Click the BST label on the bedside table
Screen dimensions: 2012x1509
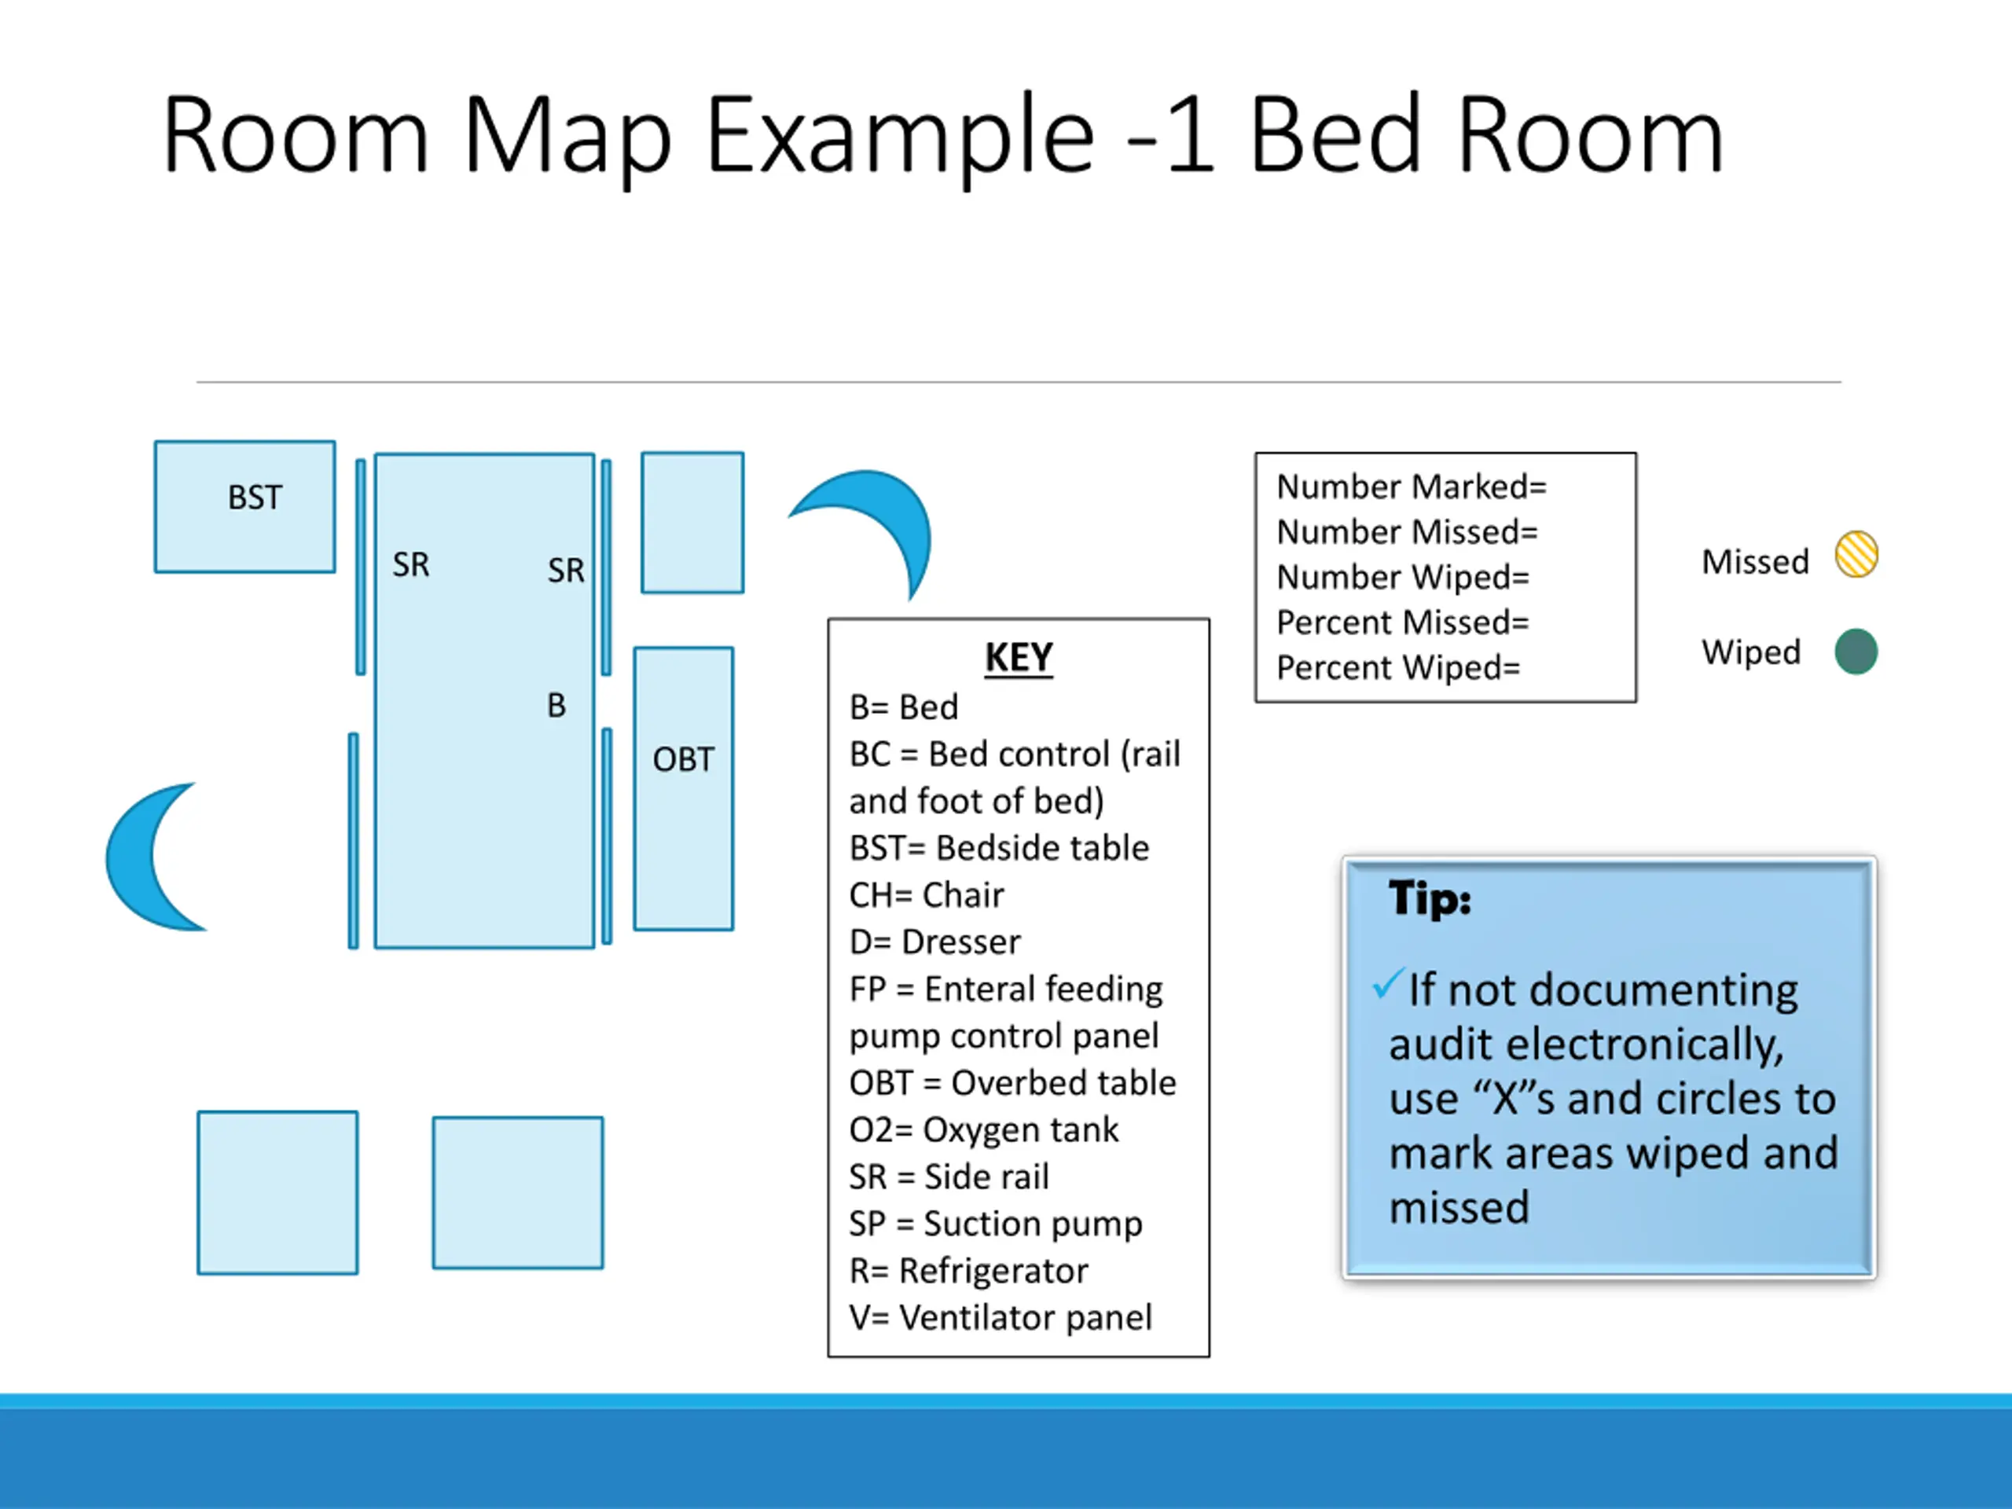pyautogui.click(x=255, y=497)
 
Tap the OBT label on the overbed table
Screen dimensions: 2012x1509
pyautogui.click(x=683, y=759)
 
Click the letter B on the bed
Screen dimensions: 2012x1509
pyautogui.click(x=556, y=705)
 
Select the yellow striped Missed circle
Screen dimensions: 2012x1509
pyautogui.click(x=1856, y=554)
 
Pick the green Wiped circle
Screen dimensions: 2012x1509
pyautogui.click(x=1856, y=652)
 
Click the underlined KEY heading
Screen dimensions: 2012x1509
pyautogui.click(x=1018, y=657)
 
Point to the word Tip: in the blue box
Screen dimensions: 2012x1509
pyautogui.click(x=1429, y=898)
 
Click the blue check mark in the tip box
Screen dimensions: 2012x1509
pyautogui.click(x=1388, y=984)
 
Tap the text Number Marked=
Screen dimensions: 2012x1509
pyautogui.click(x=1411, y=486)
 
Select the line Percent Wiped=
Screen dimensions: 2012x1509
pyautogui.click(x=1398, y=667)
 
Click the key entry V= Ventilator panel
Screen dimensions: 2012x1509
pyautogui.click(x=1000, y=1317)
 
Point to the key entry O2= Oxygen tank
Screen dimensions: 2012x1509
pyautogui.click(x=983, y=1129)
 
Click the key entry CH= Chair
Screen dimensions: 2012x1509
pyautogui.click(x=926, y=895)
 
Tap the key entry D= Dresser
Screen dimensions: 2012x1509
pyautogui.click(x=934, y=942)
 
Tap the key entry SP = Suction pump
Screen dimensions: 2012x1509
pyautogui.click(x=995, y=1224)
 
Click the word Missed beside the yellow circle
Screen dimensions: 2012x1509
pyautogui.click(x=1754, y=561)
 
